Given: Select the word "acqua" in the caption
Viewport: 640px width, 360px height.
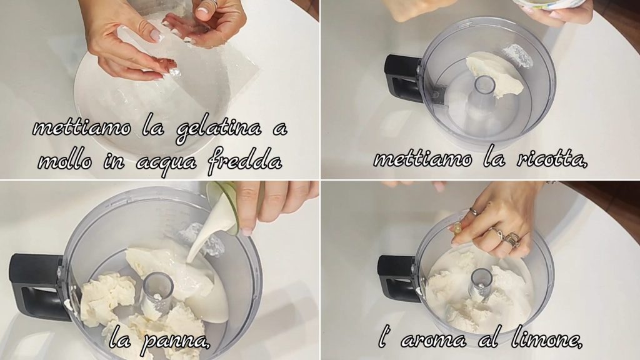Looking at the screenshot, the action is tap(166, 163).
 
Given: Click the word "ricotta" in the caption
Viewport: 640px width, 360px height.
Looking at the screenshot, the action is tap(550, 158).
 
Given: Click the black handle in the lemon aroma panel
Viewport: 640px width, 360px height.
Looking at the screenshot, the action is tap(398, 277).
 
